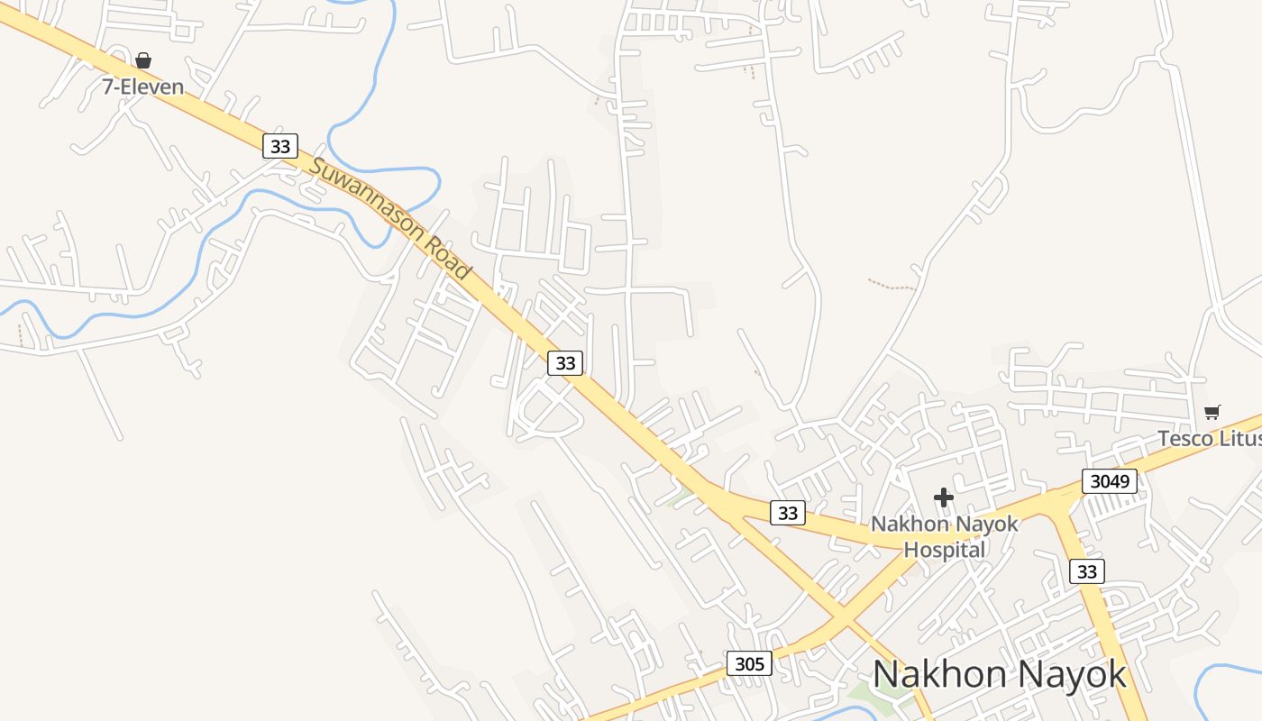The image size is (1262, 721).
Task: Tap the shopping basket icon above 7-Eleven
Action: click(142, 60)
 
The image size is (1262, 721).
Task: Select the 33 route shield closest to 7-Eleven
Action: click(280, 145)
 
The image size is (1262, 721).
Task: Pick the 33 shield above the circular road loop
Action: click(565, 362)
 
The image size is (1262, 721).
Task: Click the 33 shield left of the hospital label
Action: click(788, 513)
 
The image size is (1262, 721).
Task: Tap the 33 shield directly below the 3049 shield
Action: click(1087, 570)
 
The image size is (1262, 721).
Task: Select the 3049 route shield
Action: click(1109, 481)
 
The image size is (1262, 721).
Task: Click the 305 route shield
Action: click(749, 664)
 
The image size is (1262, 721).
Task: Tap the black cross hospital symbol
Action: click(944, 497)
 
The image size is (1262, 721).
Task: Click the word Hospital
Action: click(944, 549)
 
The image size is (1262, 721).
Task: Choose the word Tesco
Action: click(1183, 439)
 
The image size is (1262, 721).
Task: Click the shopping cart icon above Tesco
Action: click(1212, 413)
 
